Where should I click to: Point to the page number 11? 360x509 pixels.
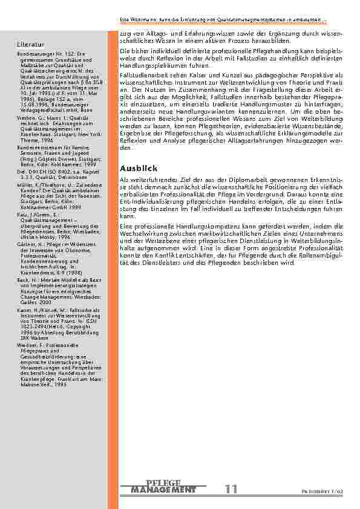231,488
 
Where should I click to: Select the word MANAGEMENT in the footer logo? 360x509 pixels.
163,489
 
